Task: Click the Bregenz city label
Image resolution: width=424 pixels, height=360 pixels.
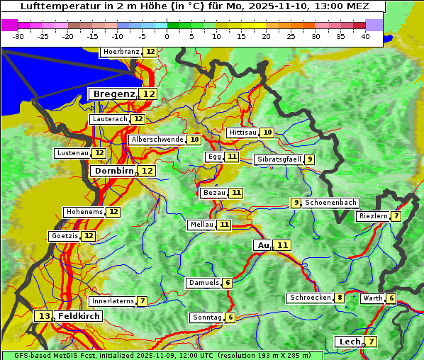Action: pyautogui.click(x=113, y=94)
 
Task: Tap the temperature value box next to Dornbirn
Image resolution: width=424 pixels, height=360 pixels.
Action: pyautogui.click(x=147, y=171)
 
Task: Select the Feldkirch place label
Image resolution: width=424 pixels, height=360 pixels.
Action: pyautogui.click(x=79, y=316)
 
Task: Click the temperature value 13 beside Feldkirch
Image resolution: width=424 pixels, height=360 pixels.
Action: pyautogui.click(x=44, y=316)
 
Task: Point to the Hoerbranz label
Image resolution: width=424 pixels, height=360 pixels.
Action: pyautogui.click(x=121, y=52)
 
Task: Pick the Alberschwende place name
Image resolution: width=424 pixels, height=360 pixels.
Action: pyautogui.click(x=157, y=140)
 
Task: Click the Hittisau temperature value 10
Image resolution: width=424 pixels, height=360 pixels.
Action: pyautogui.click(x=267, y=133)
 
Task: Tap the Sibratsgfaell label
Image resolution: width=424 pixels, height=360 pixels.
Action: pyautogui.click(x=279, y=159)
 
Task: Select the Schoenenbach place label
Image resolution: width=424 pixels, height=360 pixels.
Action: pyautogui.click(x=331, y=203)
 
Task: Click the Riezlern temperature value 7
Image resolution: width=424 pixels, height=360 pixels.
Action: pyautogui.click(x=396, y=216)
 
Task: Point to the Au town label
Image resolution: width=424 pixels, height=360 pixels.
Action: pyautogui.click(x=263, y=245)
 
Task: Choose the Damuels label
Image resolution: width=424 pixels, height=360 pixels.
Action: pyautogui.click(x=203, y=283)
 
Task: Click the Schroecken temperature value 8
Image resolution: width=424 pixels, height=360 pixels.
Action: pyautogui.click(x=340, y=298)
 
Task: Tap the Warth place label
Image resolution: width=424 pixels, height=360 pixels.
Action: pyautogui.click(x=373, y=298)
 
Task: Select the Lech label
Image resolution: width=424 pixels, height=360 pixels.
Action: pyautogui.click(x=350, y=342)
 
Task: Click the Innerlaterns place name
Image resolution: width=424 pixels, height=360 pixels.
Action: pyautogui.click(x=113, y=301)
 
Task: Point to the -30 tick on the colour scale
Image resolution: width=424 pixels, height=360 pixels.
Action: pyautogui.click(x=18, y=35)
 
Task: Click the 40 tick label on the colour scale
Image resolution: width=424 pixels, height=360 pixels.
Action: pyautogui.click(x=364, y=35)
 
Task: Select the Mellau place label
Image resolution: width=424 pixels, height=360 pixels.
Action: pyautogui.click(x=201, y=225)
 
